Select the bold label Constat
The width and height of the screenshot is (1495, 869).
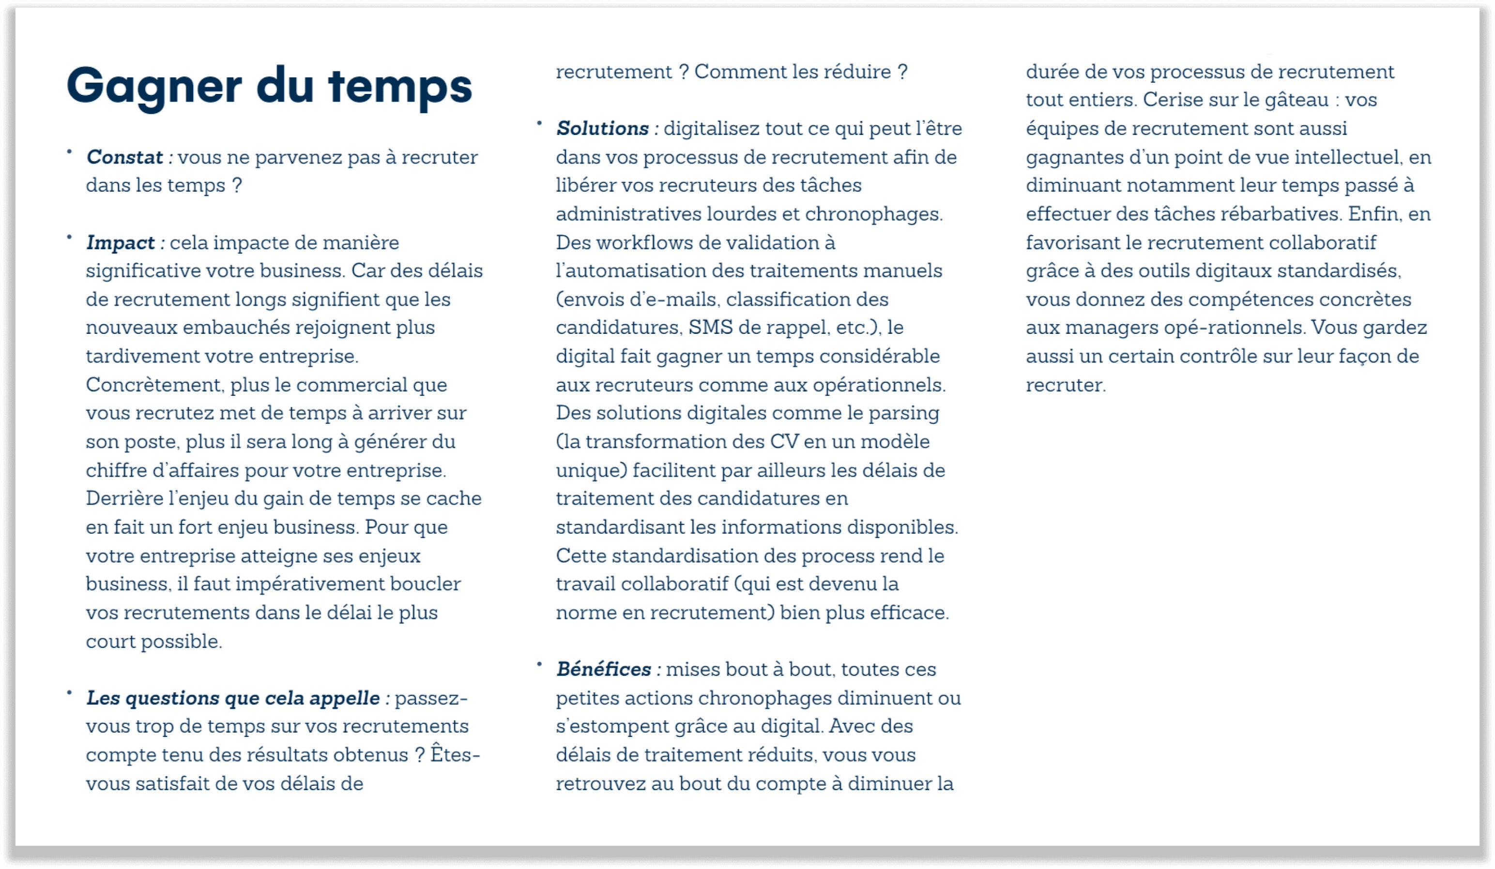tap(124, 157)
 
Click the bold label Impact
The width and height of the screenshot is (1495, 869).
tap(121, 242)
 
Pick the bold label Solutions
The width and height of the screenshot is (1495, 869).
tap(603, 129)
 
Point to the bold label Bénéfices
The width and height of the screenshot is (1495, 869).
tap(604, 669)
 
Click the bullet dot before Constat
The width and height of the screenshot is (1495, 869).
tap(69, 152)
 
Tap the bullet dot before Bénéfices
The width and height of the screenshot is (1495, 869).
tap(539, 664)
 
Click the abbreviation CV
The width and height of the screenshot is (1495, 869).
tap(784, 442)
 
